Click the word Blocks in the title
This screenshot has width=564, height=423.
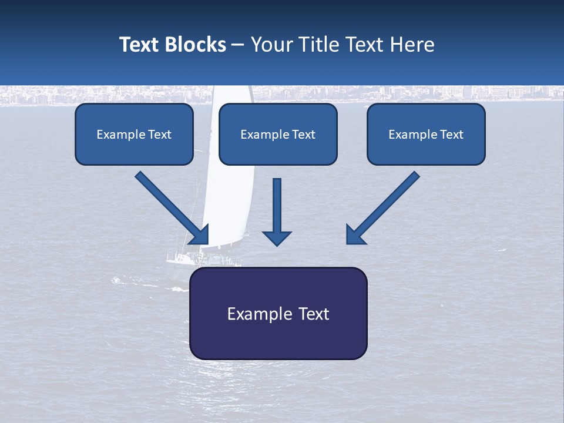tap(196, 45)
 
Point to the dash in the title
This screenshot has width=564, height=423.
tap(238, 45)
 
